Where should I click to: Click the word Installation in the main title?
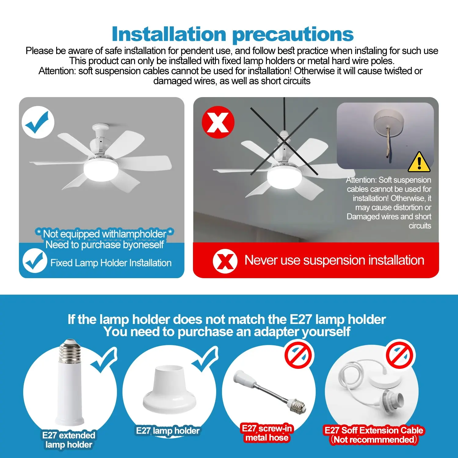(169, 34)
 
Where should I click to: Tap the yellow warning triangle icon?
(419, 162)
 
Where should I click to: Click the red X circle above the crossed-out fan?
(218, 122)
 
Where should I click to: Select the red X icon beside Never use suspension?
(225, 261)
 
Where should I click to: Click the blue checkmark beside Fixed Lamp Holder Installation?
(35, 260)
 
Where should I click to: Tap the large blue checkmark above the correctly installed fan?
(38, 122)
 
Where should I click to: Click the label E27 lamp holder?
(168, 431)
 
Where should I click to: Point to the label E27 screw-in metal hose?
(267, 433)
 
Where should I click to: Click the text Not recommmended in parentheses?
(374, 439)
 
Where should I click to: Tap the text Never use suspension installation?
(334, 260)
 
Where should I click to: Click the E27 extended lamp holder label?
(69, 440)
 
